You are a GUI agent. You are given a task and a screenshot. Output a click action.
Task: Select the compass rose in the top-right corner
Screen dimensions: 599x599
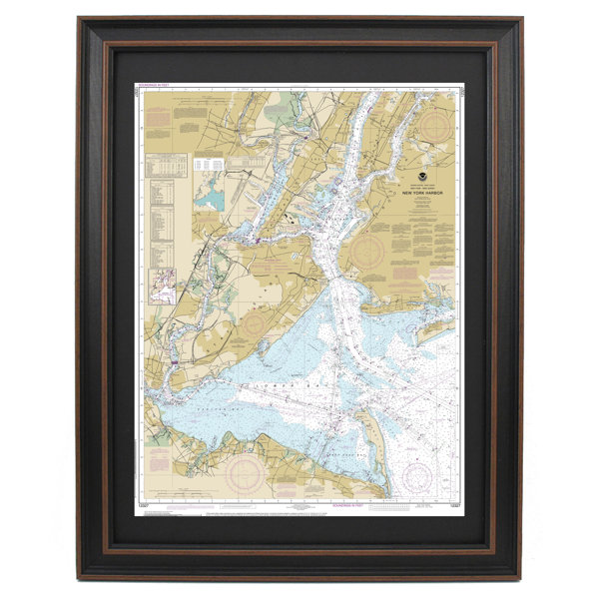[x=438, y=127]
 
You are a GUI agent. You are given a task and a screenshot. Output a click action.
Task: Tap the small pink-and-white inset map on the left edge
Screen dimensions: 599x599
[x=163, y=290]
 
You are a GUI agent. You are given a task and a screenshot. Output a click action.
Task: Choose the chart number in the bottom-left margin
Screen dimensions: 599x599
[x=144, y=508]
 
